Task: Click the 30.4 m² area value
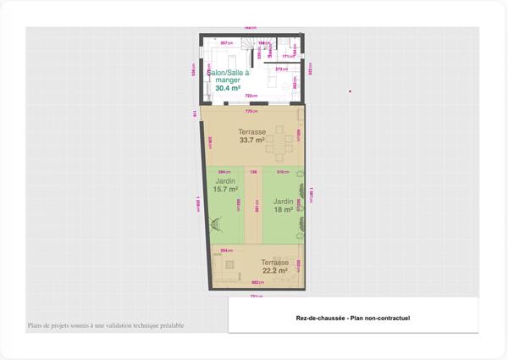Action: (x=227, y=88)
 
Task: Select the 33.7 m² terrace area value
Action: (x=252, y=141)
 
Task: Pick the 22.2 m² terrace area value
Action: (x=275, y=270)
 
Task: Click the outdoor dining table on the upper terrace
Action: (x=278, y=146)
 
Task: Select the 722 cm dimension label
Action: (x=251, y=97)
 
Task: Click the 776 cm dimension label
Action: (x=251, y=112)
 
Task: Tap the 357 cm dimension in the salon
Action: (x=225, y=42)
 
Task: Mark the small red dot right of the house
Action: (x=349, y=91)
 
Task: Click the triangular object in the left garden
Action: (x=216, y=225)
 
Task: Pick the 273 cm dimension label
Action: (x=281, y=69)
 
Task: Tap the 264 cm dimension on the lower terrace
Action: (x=226, y=251)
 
